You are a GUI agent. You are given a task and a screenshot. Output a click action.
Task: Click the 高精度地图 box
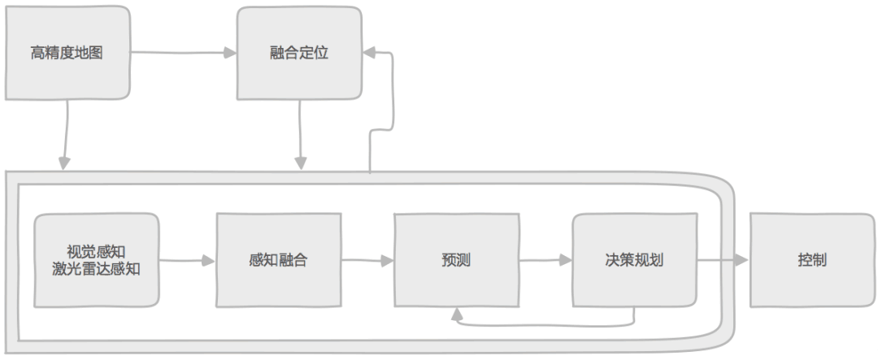pos(67,54)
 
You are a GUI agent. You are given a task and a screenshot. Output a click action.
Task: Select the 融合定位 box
pos(299,54)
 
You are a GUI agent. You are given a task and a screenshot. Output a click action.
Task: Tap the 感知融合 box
pos(278,261)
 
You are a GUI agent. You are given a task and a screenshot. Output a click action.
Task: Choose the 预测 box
pos(455,261)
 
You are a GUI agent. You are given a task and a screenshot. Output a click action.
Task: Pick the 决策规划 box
pos(634,261)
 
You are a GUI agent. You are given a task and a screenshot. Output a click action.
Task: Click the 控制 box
pos(812,261)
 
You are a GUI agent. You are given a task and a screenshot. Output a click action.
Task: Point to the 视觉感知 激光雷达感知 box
pos(96,261)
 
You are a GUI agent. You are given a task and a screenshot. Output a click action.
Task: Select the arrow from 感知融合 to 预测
pos(367,261)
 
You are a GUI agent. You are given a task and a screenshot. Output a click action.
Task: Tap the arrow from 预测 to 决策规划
pos(545,261)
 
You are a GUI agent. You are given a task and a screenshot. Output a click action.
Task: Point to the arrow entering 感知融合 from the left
pos(187,261)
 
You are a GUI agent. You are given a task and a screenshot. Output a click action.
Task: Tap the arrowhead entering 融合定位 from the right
pos(368,54)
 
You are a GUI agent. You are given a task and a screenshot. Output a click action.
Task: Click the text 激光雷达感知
pos(96,269)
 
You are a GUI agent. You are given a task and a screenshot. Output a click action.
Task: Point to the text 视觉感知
pos(96,252)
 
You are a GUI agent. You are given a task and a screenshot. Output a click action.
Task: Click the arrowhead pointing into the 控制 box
pos(741,261)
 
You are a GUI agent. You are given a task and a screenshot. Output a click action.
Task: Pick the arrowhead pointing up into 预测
pos(456,313)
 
